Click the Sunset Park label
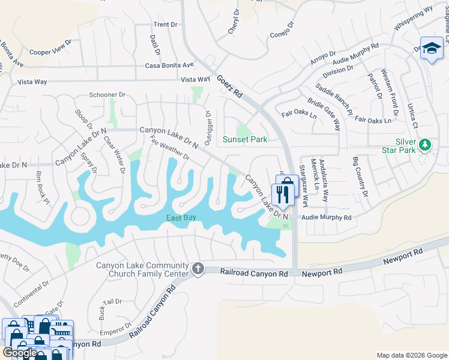pos(245,139)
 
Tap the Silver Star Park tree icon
pos(425,145)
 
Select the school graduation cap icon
pos(431,47)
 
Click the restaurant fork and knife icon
pos(281,194)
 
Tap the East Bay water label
pos(181,217)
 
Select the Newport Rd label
pos(322,272)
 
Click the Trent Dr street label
pos(166,25)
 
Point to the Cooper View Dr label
pos(50,52)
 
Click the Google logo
pos(19,352)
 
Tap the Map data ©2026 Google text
pos(411,355)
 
